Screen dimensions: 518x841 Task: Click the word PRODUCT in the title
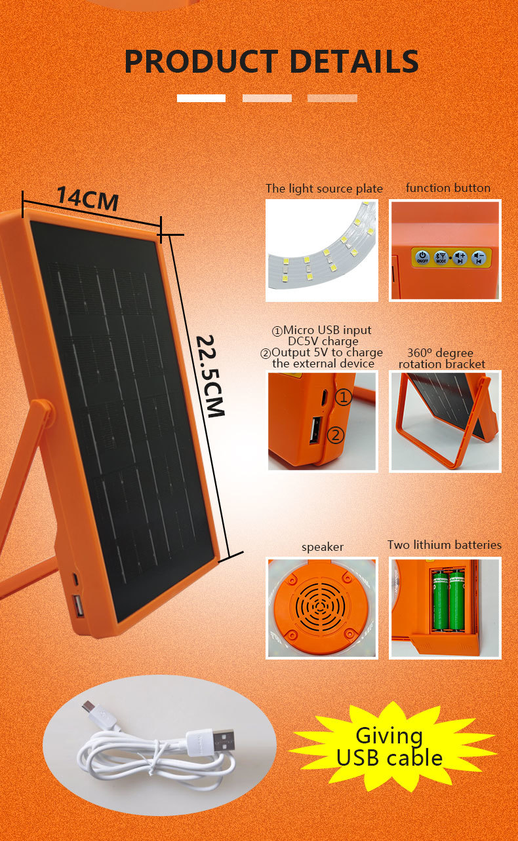[201, 61]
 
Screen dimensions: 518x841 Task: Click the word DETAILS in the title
[354, 61]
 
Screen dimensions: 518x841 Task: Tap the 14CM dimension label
[88, 198]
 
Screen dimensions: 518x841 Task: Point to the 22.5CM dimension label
[210, 376]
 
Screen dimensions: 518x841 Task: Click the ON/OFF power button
[422, 257]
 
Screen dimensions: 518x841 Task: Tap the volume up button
[460, 257]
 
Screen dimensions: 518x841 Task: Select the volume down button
[478, 257]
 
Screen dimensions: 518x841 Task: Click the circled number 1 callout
[343, 397]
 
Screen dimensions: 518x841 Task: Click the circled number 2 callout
[335, 435]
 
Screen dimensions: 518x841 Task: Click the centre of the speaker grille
[321, 605]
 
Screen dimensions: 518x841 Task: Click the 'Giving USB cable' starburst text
[389, 747]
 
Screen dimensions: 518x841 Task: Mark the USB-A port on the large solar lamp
[78, 606]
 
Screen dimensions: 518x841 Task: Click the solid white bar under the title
[201, 98]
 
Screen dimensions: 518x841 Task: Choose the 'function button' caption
[448, 188]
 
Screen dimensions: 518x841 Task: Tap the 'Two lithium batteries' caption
[445, 545]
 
